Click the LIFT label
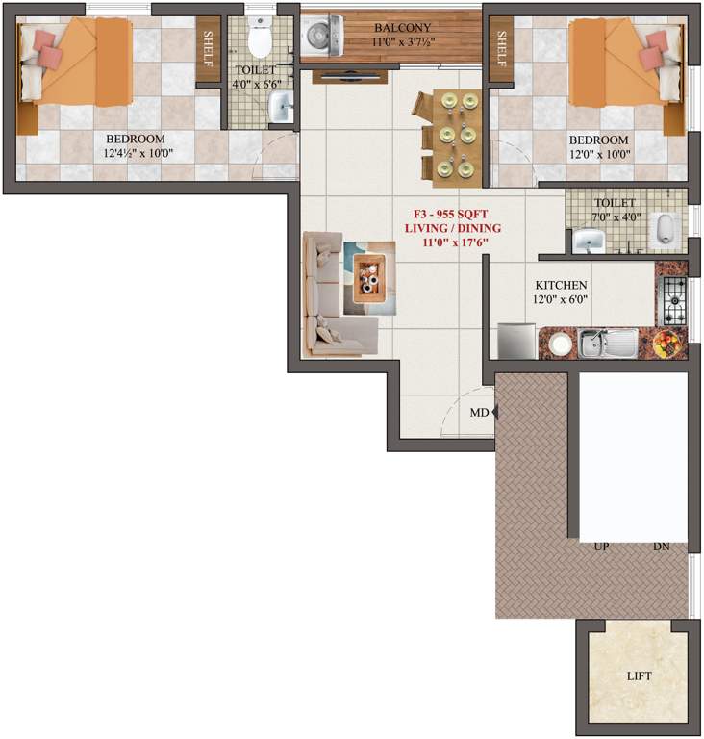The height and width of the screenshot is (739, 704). [x=639, y=676]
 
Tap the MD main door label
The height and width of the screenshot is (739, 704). [x=478, y=413]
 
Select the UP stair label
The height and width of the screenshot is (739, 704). [x=602, y=546]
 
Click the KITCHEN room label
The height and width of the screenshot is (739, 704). [x=561, y=286]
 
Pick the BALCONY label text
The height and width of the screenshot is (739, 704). [x=402, y=28]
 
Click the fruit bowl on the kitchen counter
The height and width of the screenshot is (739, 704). [x=667, y=343]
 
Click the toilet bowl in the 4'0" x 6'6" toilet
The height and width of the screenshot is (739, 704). [x=259, y=38]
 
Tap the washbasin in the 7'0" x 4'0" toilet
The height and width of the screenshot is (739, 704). [x=587, y=241]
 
